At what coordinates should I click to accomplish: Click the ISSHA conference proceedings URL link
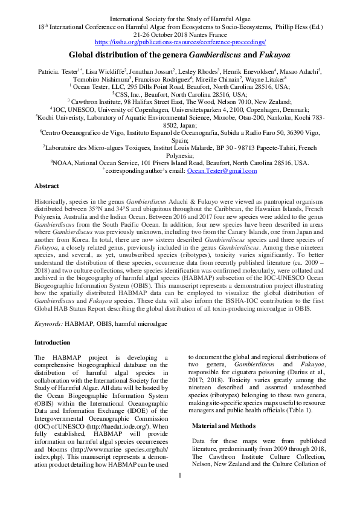pos(180,42)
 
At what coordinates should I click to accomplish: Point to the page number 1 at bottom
pos(180,492)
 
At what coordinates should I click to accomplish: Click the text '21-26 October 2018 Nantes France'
pos(180,34)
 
